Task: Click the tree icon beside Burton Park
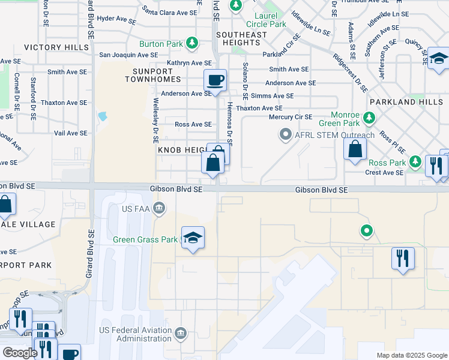192,43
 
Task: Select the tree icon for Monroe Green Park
370,116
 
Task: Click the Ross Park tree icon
415,162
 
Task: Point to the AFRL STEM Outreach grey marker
286,135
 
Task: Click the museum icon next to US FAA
158,209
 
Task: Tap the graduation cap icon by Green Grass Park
193,238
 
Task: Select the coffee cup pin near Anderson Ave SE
215,80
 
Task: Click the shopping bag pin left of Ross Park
355,149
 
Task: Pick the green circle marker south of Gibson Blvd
366,230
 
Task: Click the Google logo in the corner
20,353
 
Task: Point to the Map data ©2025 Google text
412,355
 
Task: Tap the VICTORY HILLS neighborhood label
51,47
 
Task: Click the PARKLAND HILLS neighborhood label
406,102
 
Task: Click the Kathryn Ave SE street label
190,62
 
